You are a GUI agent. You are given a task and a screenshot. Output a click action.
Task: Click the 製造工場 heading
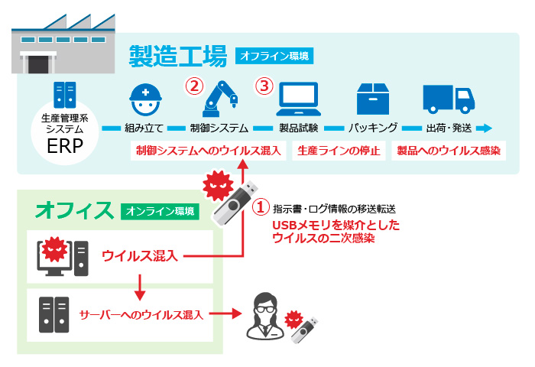point(177,56)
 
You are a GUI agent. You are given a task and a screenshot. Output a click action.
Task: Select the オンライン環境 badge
point(159,212)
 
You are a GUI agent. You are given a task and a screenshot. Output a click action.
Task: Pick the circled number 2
point(193,86)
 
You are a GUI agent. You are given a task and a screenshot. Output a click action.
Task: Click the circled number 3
point(264,86)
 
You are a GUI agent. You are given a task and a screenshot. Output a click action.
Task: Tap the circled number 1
point(261,206)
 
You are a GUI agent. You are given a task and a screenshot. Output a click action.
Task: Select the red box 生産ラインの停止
point(339,151)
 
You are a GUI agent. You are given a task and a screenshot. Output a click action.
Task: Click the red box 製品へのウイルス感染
point(448,151)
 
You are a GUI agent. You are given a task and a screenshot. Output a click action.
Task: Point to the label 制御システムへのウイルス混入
point(209,151)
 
